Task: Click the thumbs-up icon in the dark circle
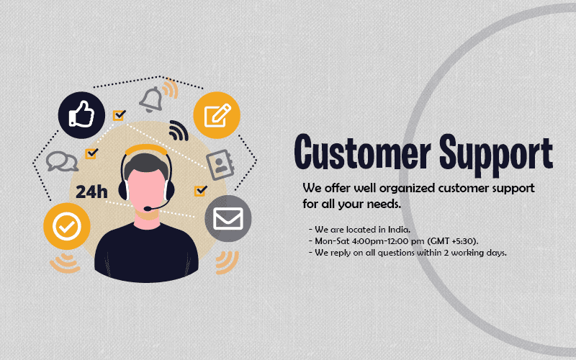(81, 115)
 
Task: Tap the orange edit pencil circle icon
(217, 115)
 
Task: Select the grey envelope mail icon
(228, 219)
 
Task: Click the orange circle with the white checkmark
(67, 226)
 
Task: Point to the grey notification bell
(151, 99)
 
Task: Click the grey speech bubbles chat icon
(62, 161)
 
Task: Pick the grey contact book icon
(220, 165)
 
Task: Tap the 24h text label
(91, 192)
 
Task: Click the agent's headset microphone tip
(147, 209)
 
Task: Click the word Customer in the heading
(363, 152)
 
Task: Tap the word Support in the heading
(496, 155)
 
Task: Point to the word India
(400, 230)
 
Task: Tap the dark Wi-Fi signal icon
(179, 131)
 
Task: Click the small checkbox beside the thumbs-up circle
(119, 115)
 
